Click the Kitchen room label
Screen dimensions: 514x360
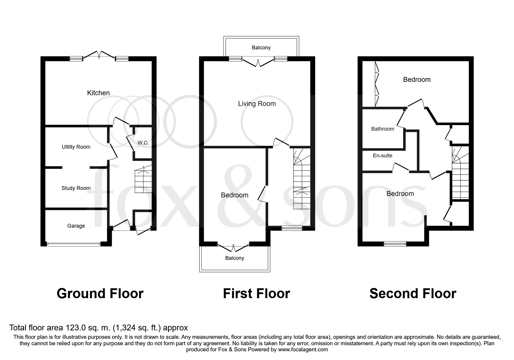98,93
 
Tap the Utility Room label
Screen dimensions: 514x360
76,147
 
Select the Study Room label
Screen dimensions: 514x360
76,188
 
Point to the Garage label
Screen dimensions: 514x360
76,226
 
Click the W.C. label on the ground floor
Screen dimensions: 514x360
143,143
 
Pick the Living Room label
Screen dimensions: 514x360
257,104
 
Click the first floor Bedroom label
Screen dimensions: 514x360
235,195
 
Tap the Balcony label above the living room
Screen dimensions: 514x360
261,48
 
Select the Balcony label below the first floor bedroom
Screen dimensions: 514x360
235,258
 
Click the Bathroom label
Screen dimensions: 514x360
383,129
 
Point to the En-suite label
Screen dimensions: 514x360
383,156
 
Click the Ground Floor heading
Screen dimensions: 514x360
100,294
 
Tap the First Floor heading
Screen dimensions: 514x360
257,294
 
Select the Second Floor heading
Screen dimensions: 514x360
413,294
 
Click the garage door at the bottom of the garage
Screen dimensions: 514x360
74,244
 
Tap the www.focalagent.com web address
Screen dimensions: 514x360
303,350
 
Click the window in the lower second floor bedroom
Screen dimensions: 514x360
395,244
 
